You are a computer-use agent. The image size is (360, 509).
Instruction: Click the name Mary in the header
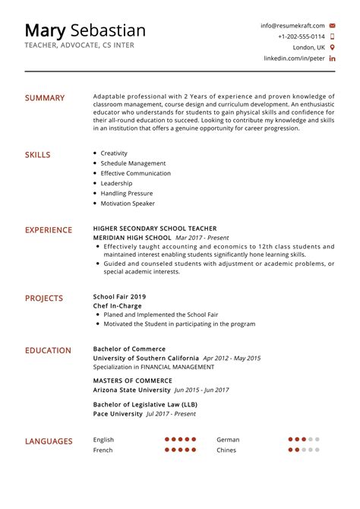point(45,30)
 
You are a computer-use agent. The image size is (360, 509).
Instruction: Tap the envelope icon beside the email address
point(333,25)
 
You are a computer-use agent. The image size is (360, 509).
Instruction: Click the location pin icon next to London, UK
point(333,47)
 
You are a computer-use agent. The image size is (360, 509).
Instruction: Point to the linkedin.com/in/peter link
point(294,58)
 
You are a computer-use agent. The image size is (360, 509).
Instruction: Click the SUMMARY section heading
point(45,98)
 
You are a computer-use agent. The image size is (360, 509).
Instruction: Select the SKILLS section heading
point(38,155)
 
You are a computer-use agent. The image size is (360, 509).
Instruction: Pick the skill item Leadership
point(116,183)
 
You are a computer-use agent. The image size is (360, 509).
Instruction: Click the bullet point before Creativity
point(94,153)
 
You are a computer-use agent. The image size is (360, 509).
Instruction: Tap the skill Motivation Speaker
point(128,204)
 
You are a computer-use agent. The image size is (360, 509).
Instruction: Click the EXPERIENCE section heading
point(49,230)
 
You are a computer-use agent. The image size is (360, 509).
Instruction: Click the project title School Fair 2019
point(119,296)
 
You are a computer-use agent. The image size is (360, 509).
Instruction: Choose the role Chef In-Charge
point(117,305)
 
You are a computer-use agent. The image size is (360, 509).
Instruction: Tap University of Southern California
point(146,358)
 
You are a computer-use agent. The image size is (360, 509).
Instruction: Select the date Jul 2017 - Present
point(171,414)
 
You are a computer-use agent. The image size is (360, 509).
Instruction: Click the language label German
point(228,439)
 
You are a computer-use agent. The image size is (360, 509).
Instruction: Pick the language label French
point(103,450)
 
